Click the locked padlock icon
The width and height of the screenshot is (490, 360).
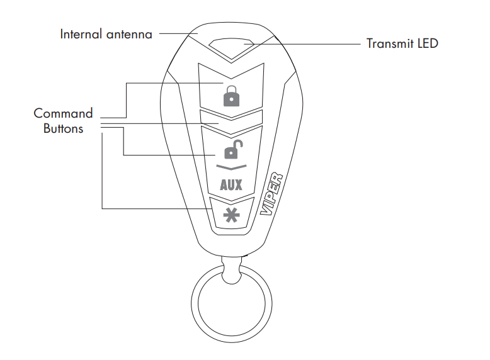[x=231, y=96]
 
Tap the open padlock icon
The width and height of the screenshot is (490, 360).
[x=231, y=150]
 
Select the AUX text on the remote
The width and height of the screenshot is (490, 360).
[x=231, y=185]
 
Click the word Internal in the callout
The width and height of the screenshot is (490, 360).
[x=80, y=34]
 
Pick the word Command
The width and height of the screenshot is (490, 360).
[x=63, y=114]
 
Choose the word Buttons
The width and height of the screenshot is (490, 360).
[x=63, y=129]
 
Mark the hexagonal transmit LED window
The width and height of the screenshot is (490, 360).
[x=231, y=45]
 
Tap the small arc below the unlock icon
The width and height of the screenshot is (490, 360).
[x=231, y=167]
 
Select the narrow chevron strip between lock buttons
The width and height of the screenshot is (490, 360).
[x=231, y=118]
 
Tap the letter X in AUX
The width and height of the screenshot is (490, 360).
[x=238, y=185]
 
